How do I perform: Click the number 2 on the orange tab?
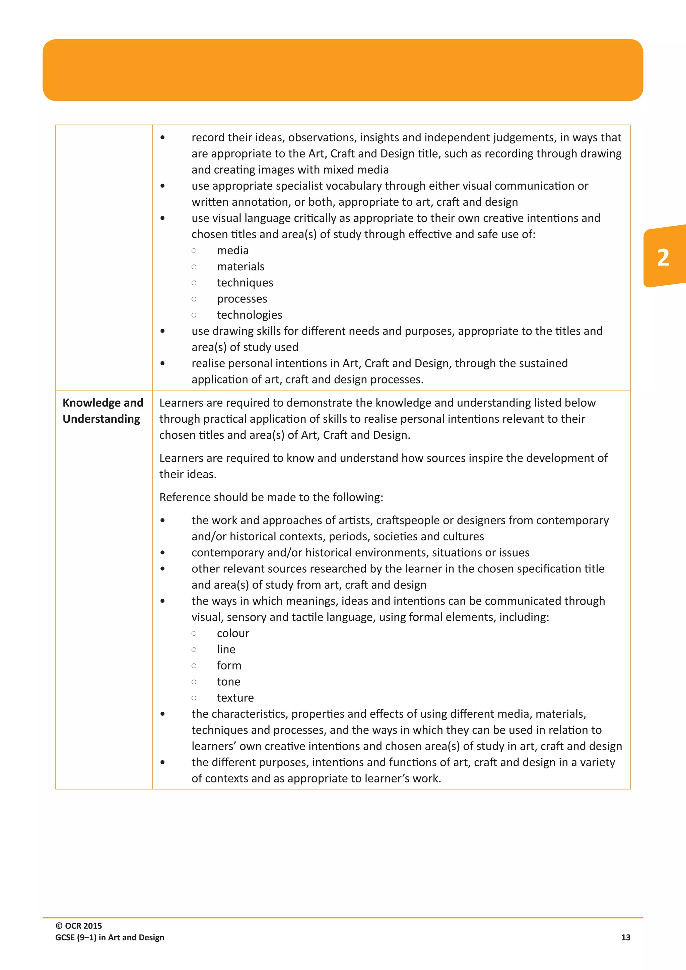(x=663, y=258)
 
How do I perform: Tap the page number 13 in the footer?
(x=626, y=938)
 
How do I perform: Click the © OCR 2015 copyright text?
(x=79, y=926)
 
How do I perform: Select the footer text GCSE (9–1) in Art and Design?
(x=110, y=938)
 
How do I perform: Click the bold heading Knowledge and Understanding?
(x=102, y=411)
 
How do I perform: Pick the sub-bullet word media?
(x=232, y=251)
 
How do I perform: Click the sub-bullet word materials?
(x=241, y=267)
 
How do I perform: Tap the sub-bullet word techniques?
(x=245, y=283)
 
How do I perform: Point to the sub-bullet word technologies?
(x=249, y=315)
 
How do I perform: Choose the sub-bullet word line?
(x=226, y=649)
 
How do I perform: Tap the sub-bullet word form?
(x=229, y=666)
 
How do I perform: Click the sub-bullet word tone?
(x=228, y=682)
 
